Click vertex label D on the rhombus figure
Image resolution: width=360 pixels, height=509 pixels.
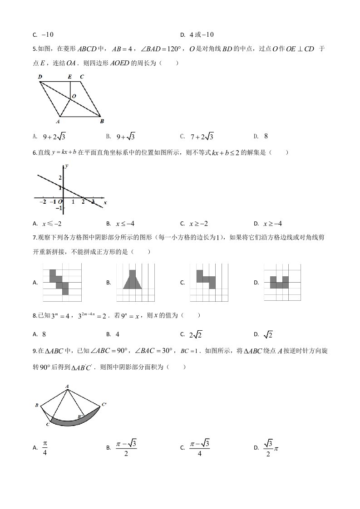(40, 77)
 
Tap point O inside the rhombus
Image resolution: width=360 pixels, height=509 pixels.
(74, 97)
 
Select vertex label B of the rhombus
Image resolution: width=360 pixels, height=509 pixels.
(102, 121)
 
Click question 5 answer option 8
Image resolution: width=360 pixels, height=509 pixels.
(266, 136)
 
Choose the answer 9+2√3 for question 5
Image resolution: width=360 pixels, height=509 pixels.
(56, 136)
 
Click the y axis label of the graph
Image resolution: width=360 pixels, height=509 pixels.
(66, 166)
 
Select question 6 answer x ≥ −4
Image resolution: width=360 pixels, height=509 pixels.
(273, 223)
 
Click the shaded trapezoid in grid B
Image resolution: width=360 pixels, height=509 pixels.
(133, 281)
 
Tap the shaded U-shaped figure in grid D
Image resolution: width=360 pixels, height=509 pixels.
(279, 283)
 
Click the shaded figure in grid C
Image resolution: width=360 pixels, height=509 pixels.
(206, 278)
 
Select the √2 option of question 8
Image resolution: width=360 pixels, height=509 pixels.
(269, 334)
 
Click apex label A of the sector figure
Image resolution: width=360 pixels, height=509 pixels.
(67, 387)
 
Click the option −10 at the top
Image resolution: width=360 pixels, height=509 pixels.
(47, 34)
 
